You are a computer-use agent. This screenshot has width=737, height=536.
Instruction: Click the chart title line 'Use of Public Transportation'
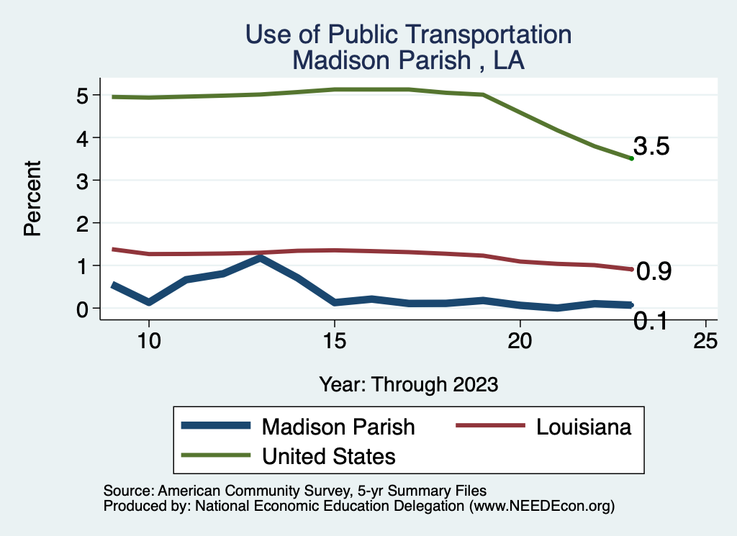pos(408,35)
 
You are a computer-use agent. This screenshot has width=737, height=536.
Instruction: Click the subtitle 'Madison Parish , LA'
pos(408,60)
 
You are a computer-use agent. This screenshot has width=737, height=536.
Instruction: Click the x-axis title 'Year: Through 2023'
pos(408,384)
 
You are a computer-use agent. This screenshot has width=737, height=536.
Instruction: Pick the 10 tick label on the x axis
pos(148,341)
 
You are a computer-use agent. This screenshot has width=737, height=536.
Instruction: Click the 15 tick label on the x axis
pos(334,341)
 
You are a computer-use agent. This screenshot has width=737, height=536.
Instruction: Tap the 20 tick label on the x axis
pos(520,341)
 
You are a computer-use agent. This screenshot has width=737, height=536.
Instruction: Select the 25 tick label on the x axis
pos(705,341)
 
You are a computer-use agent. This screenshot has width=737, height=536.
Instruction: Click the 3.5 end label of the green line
pos(652,147)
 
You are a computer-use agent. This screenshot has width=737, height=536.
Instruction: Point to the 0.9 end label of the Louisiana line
pos(654,271)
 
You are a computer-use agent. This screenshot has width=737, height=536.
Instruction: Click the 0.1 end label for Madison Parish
pos(651,322)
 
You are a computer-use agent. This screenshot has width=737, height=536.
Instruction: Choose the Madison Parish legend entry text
pos(338,427)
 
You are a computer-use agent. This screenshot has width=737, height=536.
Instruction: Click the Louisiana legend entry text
pos(584,427)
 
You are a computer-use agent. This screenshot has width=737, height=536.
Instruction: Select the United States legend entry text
pos(329,455)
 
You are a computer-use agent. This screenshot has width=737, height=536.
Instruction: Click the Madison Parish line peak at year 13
pos(260,258)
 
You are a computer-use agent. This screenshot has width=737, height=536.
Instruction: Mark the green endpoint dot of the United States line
pos(631,158)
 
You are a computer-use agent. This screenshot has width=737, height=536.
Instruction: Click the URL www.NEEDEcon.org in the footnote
pos(541,506)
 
